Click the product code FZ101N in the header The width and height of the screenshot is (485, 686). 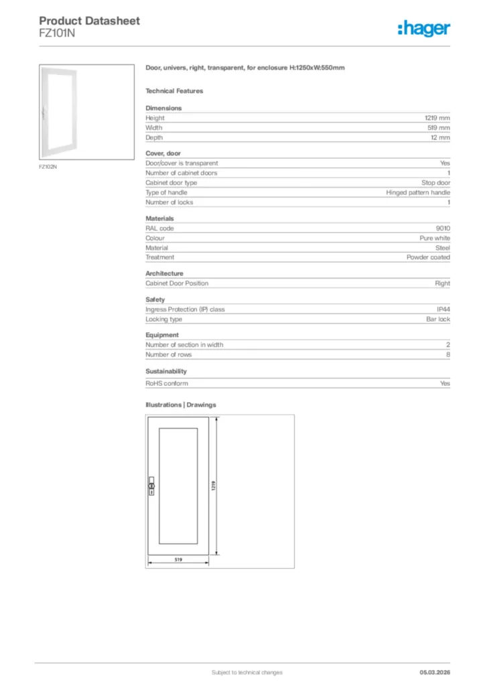tap(57, 33)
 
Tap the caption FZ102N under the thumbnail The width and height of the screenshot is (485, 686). tap(48, 167)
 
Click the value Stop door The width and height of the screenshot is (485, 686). tap(435, 182)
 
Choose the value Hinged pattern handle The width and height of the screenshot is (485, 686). tap(418, 192)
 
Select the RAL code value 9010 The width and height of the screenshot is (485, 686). tap(443, 228)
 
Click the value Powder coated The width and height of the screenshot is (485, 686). tap(428, 257)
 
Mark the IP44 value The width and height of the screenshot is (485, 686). tap(443, 310)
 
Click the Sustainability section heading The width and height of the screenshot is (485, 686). tap(166, 371)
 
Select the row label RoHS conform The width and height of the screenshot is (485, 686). tap(167, 384)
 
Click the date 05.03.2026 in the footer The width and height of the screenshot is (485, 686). tap(434, 672)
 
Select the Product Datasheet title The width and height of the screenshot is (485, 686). tap(89, 21)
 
